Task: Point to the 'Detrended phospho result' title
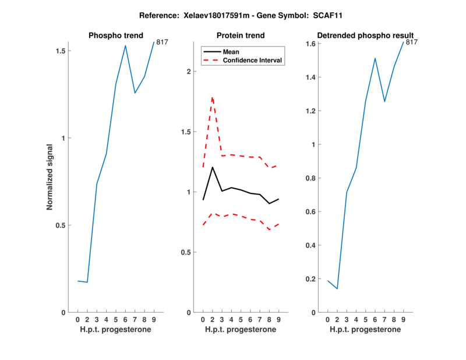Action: tap(365, 36)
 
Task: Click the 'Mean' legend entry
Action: tap(231, 52)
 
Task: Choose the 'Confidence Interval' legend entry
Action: tap(252, 60)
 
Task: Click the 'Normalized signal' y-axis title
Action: tap(50, 177)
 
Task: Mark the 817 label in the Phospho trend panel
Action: tap(162, 42)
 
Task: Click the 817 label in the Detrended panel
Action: tap(412, 42)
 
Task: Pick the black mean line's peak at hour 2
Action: tap(213, 167)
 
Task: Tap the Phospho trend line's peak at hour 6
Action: tap(125, 45)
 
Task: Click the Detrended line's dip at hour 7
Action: tap(384, 101)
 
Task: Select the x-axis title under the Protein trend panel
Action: tap(240, 330)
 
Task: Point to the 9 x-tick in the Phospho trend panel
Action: tap(154, 320)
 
